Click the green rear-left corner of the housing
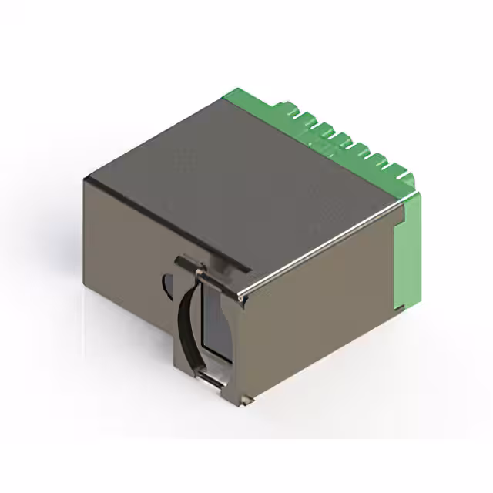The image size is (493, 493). [x=231, y=96]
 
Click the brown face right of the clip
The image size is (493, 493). [x=308, y=324]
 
